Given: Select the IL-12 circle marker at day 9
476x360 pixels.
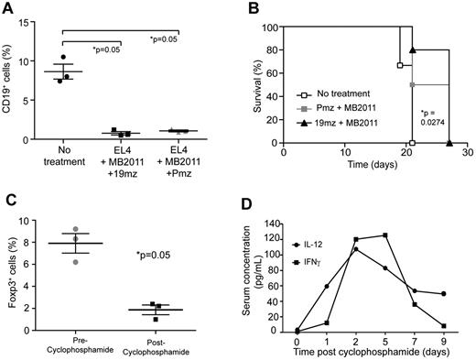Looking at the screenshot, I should click(x=443, y=294).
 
